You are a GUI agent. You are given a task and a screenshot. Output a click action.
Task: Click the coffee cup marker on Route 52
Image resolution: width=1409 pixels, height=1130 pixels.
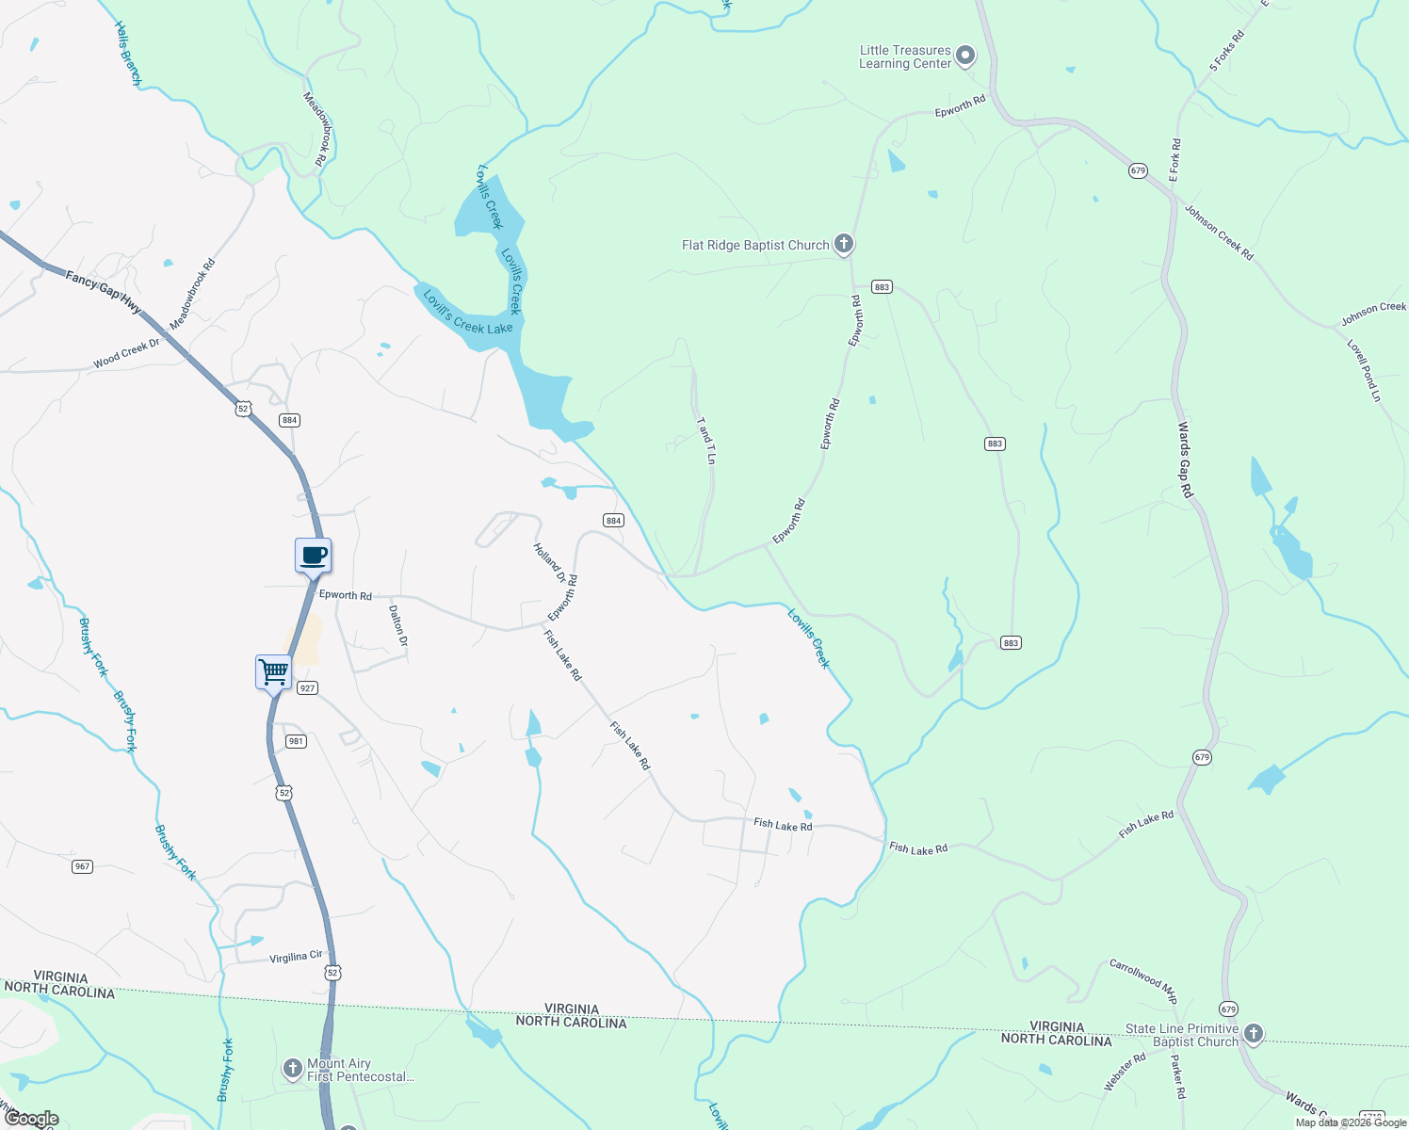click(x=313, y=556)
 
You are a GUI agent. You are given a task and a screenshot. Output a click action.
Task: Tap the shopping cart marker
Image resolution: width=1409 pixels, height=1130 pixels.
click(x=273, y=673)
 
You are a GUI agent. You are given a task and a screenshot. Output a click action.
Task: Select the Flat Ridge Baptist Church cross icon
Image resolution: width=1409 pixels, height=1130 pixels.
click(x=844, y=245)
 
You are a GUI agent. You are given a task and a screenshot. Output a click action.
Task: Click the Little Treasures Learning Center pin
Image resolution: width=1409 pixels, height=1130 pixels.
click(x=964, y=56)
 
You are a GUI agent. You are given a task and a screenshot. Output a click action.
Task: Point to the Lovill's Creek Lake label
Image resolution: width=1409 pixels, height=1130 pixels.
click(x=467, y=313)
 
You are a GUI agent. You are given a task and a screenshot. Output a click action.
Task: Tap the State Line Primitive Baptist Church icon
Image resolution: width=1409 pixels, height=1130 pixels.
click(x=1253, y=1034)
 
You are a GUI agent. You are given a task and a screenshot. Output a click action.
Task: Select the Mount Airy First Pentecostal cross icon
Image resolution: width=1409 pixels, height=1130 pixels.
click(x=293, y=1069)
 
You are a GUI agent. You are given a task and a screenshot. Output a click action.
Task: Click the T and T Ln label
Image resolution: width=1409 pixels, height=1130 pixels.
click(x=705, y=440)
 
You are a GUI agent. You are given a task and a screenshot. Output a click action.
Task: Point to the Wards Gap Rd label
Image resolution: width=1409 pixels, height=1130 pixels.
click(x=1185, y=460)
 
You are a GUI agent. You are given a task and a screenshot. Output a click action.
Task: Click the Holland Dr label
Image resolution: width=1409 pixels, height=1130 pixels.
click(x=549, y=562)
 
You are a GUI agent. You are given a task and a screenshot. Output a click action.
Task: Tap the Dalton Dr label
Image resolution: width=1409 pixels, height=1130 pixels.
click(x=397, y=625)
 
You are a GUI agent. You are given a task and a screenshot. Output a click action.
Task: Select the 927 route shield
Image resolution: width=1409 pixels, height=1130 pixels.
click(x=307, y=688)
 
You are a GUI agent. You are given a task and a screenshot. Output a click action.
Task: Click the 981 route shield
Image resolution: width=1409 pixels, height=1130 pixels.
click(x=296, y=741)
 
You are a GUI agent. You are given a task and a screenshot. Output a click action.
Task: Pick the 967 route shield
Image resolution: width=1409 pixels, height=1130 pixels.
click(x=83, y=866)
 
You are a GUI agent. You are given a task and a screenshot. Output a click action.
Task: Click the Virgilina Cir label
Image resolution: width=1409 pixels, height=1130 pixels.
click(x=296, y=957)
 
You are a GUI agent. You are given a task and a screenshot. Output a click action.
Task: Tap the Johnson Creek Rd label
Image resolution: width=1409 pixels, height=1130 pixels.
click(x=1219, y=233)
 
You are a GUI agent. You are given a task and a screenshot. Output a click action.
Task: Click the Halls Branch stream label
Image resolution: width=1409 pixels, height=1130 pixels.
click(x=127, y=54)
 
